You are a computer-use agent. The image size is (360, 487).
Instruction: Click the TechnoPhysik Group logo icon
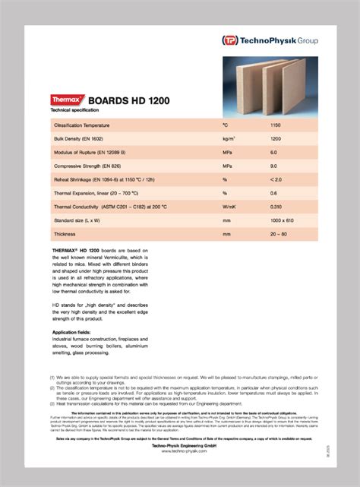pyautogui.click(x=229, y=40)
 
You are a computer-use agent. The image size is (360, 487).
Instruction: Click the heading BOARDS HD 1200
pyautogui.click(x=129, y=100)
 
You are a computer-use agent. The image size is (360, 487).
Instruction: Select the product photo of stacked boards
pyautogui.click(x=270, y=83)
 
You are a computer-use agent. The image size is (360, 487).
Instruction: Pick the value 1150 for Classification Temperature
pyautogui.click(x=276, y=124)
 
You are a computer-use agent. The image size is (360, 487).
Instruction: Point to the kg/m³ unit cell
pyautogui.click(x=229, y=140)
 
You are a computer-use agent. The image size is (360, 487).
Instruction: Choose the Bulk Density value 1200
pyautogui.click(x=276, y=140)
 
